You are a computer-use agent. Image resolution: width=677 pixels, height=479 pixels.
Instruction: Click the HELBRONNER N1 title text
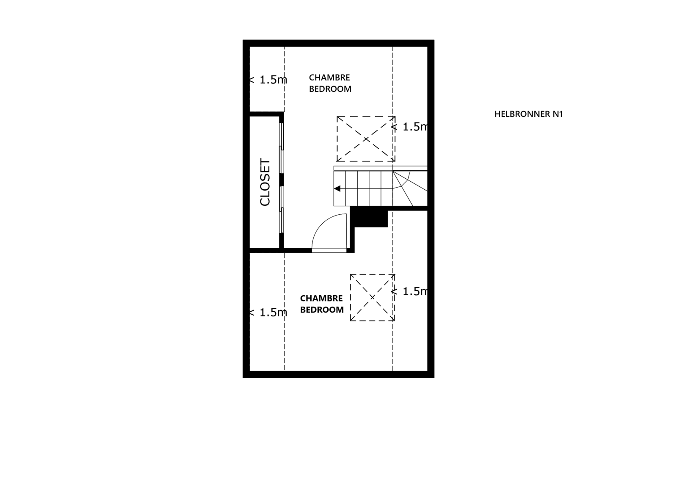[528, 114]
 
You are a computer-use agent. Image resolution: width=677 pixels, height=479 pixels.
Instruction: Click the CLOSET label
[265, 183]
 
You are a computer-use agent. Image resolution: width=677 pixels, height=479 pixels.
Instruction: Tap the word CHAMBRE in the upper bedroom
[329, 78]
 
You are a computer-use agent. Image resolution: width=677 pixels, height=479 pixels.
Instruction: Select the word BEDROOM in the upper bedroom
[330, 89]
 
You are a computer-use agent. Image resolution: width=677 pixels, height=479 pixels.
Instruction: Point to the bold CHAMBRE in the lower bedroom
[321, 299]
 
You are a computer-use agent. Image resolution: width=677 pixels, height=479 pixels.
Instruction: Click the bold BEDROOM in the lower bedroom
[322, 310]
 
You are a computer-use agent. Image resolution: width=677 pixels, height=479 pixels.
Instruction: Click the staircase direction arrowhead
[337, 189]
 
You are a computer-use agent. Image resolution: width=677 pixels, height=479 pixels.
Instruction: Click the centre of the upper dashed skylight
[366, 139]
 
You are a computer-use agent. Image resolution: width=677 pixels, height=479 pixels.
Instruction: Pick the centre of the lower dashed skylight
[372, 297]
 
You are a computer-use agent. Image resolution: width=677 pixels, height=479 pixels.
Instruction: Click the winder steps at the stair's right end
[410, 188]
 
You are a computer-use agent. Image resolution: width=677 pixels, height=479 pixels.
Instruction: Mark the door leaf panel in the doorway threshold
[329, 250]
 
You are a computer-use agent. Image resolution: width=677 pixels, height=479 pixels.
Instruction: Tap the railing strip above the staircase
[381, 168]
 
